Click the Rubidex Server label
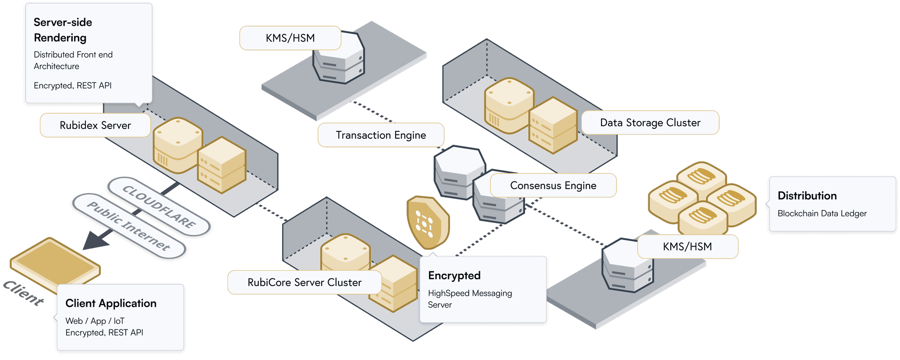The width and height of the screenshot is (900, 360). tap(95, 125)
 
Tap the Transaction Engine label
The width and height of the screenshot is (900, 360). tap(381, 135)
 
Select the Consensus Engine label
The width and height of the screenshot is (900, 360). tap(553, 186)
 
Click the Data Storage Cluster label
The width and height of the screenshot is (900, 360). tap(650, 123)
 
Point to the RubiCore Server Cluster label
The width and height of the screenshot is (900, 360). tap(304, 282)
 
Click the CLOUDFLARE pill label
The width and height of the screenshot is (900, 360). tap(159, 206)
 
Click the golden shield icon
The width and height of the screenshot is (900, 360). tap(427, 222)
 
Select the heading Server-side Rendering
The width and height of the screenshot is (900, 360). tap(63, 30)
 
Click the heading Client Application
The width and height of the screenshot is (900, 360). tap(111, 303)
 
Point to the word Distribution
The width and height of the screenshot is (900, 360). tap(807, 195)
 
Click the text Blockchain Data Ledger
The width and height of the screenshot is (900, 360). tap(822, 213)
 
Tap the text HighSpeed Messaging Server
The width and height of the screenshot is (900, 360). tap(470, 299)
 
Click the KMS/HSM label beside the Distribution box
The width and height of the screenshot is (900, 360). tap(687, 247)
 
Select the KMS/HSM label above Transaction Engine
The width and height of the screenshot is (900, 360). tap(290, 38)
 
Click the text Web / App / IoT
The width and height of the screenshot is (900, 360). tap(95, 321)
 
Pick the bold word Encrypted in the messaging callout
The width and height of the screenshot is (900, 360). tap(454, 276)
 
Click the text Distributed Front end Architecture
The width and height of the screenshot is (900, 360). tap(73, 60)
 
